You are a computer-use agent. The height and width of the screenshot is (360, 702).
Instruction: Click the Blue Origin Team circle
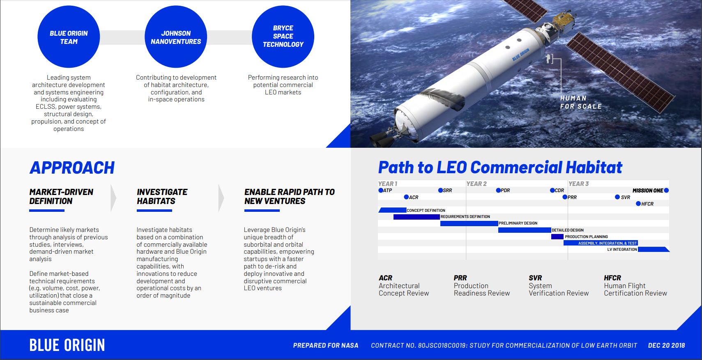(69, 37)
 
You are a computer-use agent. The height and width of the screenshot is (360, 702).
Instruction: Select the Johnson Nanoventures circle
(176, 37)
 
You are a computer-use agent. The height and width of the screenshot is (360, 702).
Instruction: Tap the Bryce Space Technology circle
(283, 37)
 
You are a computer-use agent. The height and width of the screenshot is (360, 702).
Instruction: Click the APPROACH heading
(72, 167)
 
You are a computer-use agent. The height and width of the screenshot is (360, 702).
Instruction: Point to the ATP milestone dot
(381, 190)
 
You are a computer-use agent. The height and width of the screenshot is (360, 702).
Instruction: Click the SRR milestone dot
(440, 190)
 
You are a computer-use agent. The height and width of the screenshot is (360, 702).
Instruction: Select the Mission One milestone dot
(666, 190)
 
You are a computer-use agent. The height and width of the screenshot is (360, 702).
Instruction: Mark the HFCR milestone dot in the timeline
(638, 204)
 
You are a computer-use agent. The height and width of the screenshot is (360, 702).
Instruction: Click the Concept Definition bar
(392, 210)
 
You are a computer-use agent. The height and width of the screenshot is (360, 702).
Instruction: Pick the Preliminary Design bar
(469, 223)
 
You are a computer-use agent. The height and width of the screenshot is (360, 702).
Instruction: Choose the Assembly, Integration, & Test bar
(601, 243)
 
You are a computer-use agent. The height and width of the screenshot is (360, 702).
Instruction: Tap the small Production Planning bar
(557, 236)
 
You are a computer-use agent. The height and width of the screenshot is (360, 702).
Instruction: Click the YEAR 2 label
(476, 183)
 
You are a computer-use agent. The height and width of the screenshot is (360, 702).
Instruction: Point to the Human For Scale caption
(581, 102)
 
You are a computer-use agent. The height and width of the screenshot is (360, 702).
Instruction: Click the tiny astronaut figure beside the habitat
(549, 59)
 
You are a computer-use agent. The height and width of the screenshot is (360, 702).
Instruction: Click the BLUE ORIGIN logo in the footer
(67, 345)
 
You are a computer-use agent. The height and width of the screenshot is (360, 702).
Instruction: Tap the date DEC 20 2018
(666, 345)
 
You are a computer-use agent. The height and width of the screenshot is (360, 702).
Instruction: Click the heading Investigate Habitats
(162, 197)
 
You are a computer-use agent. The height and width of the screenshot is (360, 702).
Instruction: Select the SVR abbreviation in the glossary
(535, 278)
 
